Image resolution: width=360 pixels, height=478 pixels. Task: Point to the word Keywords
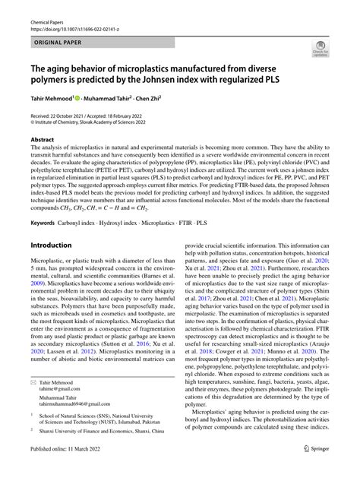click(x=44, y=224)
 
